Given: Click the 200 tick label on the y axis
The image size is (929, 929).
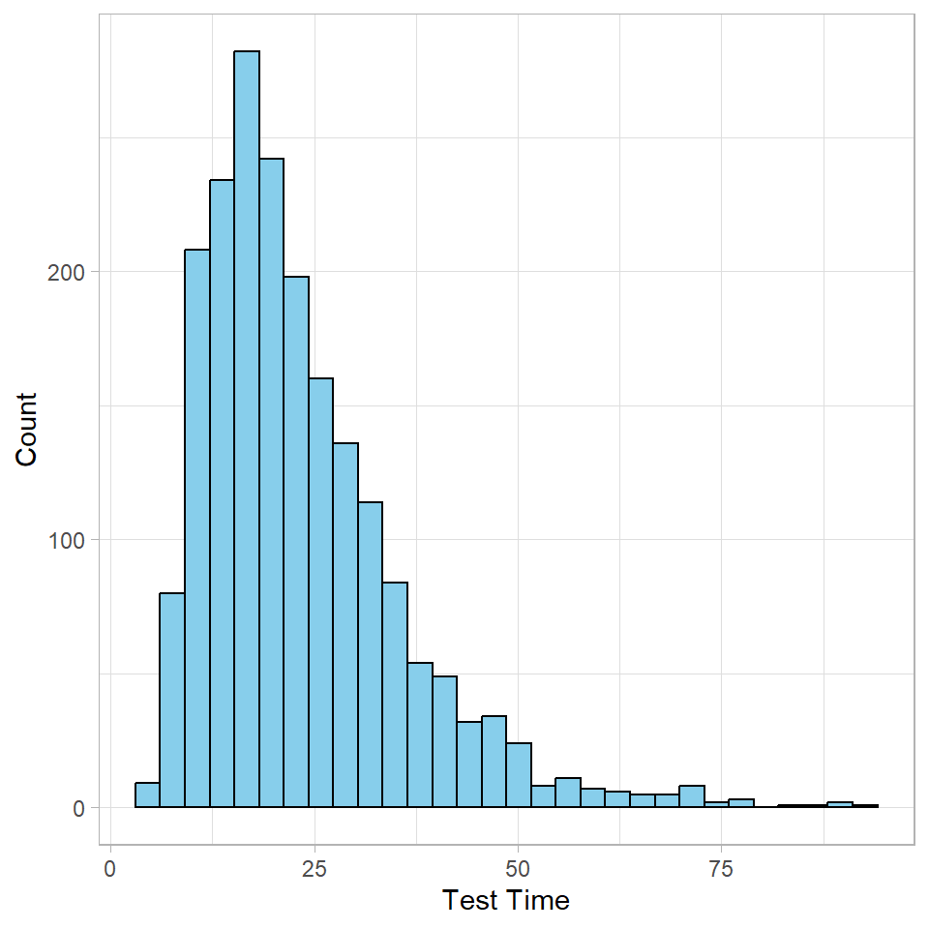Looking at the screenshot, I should [66, 272].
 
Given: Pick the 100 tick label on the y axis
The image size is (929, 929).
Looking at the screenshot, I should [66, 540].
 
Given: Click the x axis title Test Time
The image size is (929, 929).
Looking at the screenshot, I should [506, 901].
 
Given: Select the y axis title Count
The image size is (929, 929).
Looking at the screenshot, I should [26, 429].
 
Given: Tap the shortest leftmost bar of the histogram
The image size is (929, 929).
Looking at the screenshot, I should [147, 795].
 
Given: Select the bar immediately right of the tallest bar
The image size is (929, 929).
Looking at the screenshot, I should [272, 483].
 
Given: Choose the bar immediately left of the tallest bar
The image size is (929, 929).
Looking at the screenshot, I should [222, 494].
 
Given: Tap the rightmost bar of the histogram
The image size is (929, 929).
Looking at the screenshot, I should [866, 805].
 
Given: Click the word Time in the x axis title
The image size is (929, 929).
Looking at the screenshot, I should [539, 901].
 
